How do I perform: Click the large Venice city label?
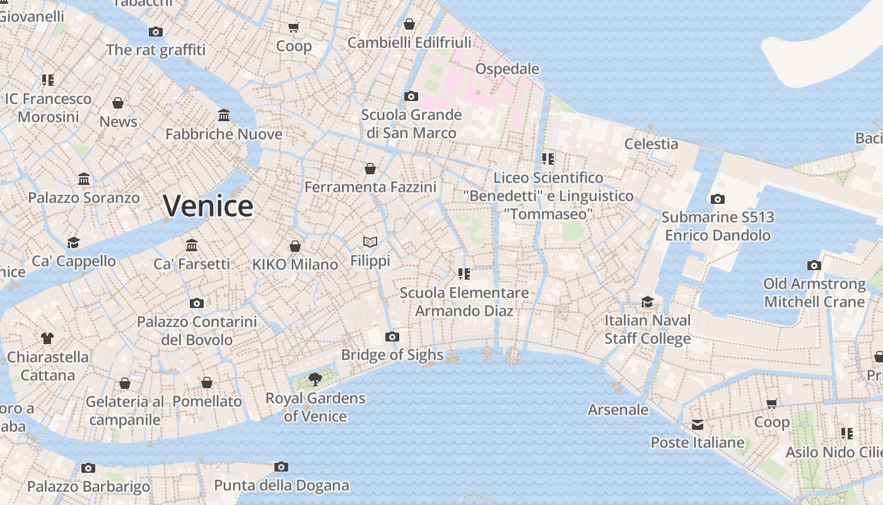click(208, 206)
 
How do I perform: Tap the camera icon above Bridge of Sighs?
click(392, 336)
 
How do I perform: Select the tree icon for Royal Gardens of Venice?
click(315, 379)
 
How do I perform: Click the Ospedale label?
click(507, 69)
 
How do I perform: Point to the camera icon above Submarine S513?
click(717, 199)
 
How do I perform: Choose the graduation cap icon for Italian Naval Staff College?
click(647, 302)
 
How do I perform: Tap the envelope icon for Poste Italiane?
click(697, 425)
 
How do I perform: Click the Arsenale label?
click(617, 410)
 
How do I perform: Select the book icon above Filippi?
click(370, 242)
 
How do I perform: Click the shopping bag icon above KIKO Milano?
click(295, 246)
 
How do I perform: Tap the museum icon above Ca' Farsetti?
click(192, 245)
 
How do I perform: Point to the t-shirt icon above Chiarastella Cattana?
click(47, 338)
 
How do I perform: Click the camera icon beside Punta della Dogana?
click(281, 467)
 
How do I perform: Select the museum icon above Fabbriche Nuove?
click(224, 116)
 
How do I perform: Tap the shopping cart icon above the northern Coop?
click(293, 27)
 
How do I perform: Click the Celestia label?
click(651, 144)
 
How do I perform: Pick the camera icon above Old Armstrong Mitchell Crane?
click(814, 265)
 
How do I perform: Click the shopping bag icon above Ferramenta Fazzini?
click(370, 169)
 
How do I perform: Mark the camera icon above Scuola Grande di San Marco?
click(411, 97)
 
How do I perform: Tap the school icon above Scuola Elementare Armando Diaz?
click(464, 273)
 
